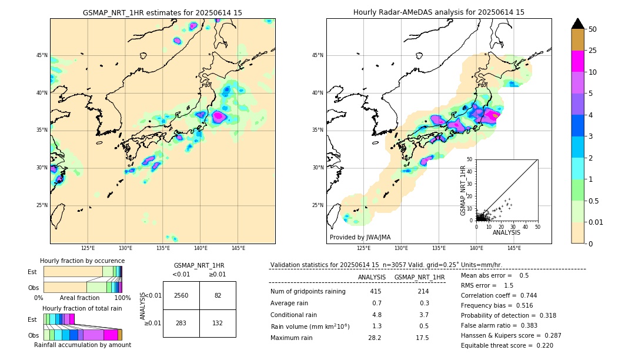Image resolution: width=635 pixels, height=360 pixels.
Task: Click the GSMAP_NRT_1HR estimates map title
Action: pos(162,12)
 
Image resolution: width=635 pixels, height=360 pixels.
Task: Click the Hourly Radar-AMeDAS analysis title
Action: pos(439,12)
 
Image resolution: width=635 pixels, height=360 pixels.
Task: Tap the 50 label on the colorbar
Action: pos(593,29)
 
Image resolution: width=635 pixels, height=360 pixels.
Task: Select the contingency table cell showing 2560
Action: pos(181,295)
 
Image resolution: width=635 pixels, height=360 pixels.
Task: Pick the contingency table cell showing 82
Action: pos(218,295)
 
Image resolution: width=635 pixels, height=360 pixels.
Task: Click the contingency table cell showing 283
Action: pos(181,323)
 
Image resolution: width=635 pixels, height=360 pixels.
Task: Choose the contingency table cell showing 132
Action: pos(218,323)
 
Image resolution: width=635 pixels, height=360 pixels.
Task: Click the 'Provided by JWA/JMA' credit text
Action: pos(360,238)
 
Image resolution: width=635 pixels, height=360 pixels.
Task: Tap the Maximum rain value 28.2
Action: pos(375,338)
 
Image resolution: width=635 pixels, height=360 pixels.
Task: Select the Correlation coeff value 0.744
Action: pos(524,295)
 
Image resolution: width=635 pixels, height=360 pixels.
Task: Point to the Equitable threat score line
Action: pos(507,345)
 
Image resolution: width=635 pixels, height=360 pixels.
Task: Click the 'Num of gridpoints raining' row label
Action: pos(308,291)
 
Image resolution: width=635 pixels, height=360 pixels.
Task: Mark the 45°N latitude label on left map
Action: pos(42,55)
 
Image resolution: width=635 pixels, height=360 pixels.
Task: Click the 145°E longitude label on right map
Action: pos(514,248)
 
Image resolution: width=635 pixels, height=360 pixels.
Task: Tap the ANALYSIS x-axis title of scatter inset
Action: pos(506,232)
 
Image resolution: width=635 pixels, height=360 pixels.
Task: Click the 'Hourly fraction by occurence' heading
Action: pos(82,261)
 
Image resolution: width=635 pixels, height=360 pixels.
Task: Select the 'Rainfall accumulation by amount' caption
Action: pos(82,345)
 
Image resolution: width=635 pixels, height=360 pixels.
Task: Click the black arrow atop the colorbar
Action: pos(578,24)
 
